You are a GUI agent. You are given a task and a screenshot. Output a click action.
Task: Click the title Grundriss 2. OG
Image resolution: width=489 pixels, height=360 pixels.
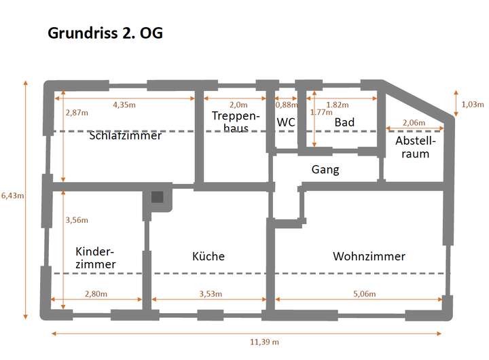coord(105,33)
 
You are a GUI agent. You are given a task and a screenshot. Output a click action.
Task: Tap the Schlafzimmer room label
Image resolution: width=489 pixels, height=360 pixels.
coord(125,136)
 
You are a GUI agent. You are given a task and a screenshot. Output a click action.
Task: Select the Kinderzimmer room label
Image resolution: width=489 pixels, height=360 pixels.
coord(95,257)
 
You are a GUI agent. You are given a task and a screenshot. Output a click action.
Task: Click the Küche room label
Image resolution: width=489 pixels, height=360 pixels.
coord(208,256)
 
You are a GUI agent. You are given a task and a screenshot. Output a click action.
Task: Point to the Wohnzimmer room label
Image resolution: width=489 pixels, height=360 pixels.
coord(369,256)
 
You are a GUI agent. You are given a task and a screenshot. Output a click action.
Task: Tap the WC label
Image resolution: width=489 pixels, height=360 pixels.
coord(286,122)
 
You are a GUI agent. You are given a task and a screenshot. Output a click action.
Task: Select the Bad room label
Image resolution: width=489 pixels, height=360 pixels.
coord(344,122)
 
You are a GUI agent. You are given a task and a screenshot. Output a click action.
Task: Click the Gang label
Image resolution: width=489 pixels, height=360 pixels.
coord(325,169)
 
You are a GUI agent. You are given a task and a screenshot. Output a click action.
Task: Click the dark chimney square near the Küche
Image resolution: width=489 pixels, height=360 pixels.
coord(158,198)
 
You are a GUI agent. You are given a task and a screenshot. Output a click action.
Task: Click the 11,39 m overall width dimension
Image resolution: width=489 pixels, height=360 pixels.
coord(265,342)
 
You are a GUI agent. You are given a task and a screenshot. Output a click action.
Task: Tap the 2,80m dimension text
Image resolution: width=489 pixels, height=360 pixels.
coord(96,293)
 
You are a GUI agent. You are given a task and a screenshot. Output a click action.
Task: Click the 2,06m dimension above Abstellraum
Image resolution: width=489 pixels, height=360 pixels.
coord(414,123)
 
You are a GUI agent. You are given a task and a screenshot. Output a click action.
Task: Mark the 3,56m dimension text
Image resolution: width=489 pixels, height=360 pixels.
coord(77,220)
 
